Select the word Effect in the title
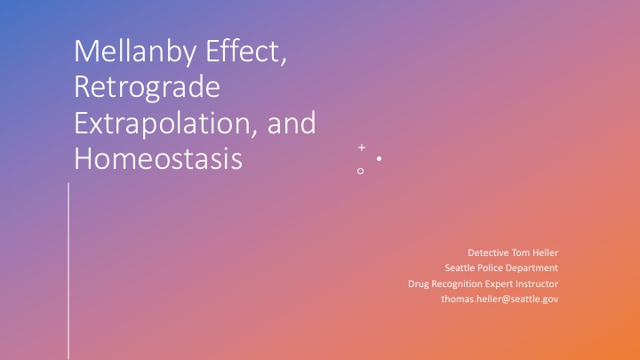pos(245,51)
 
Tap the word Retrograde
pos(147,88)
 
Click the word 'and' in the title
pos(292,122)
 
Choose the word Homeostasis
pos(158,158)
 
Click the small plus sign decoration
pos(362,148)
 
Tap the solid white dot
pos(380,158)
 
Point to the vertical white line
pos(68,271)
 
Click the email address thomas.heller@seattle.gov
pos(500,300)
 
